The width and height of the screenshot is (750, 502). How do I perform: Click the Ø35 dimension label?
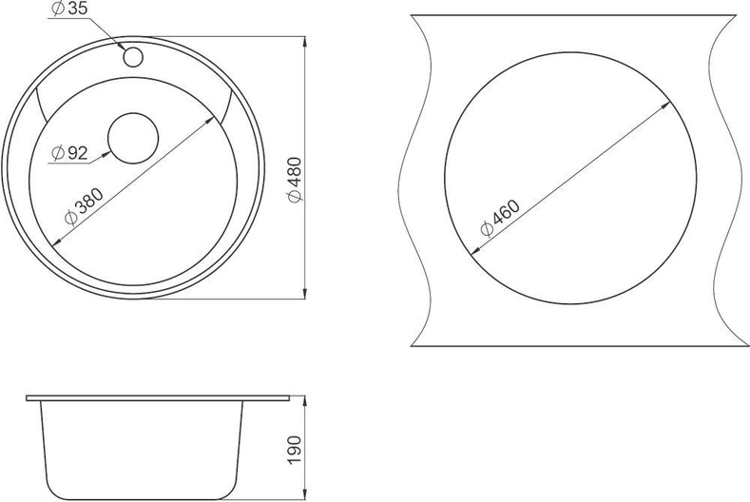point(69,9)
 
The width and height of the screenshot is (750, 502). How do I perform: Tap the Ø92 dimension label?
point(69,153)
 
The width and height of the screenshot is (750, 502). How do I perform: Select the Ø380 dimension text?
point(84,206)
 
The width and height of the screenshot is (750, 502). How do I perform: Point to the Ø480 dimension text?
point(295,180)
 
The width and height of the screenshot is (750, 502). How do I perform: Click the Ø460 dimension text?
point(500,218)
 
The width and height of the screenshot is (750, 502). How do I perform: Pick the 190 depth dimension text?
point(295,450)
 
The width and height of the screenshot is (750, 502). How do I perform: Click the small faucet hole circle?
point(133,57)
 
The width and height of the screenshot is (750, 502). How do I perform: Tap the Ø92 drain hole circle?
point(133,138)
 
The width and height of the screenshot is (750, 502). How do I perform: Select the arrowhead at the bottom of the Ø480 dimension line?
point(305,294)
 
